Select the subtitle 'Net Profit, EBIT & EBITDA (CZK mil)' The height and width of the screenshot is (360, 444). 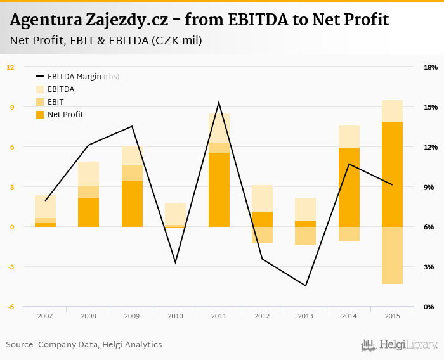(106, 41)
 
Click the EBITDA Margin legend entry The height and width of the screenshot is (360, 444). (83, 77)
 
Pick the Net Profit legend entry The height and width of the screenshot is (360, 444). (65, 115)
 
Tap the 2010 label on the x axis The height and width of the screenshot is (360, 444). (175, 316)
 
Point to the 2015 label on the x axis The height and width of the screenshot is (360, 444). (392, 316)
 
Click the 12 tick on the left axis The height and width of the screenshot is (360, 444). (11, 67)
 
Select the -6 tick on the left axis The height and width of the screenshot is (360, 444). (11, 307)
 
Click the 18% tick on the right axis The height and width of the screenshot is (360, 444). (430, 67)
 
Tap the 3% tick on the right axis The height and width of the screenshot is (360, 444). (429, 267)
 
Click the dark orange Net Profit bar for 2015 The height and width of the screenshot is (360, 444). (392, 174)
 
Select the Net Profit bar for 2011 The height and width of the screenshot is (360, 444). (219, 190)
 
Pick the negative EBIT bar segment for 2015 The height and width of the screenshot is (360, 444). (392, 255)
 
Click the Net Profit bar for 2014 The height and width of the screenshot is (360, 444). (349, 187)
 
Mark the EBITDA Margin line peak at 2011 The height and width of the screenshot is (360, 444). (219, 102)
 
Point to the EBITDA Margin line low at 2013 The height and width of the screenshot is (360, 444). (306, 286)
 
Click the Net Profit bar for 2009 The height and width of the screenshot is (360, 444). (132, 203)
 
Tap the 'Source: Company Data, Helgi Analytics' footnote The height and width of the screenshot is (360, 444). (84, 345)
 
